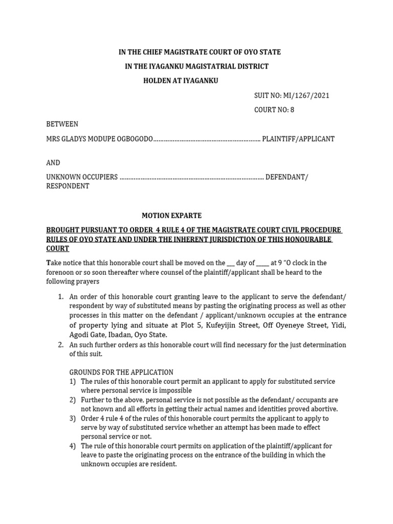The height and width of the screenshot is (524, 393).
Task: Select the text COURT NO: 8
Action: coord(274,110)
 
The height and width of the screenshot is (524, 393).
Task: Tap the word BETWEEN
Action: coord(62,124)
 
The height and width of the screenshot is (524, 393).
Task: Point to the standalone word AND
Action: coord(53,163)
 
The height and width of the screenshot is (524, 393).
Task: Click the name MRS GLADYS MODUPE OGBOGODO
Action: coord(100,139)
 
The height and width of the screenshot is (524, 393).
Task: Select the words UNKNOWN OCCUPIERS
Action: coord(82,177)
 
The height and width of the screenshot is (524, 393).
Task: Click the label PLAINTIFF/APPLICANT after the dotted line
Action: coord(298,139)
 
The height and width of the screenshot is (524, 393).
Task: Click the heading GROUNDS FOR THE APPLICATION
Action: coord(121,372)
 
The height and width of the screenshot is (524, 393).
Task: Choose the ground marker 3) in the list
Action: coord(72,418)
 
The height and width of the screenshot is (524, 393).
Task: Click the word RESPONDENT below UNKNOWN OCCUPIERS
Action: coord(68,186)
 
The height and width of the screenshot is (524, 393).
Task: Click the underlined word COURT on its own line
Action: coord(58,249)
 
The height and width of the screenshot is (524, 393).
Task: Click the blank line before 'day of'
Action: coord(230,263)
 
